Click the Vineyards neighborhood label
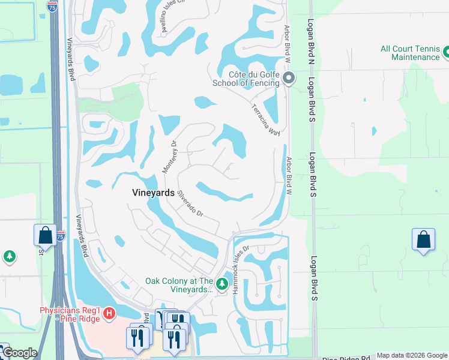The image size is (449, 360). point(153,193)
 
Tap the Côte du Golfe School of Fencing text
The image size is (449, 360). point(246,79)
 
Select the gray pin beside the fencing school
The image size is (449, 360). point(289,78)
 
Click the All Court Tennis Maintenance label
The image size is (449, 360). point(411,53)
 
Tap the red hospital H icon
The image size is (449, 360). point(109,313)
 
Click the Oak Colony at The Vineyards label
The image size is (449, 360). point(179,284)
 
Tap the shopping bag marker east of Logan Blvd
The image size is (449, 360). point(423,239)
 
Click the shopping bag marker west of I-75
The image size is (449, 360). point(45,235)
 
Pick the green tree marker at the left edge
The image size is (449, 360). point(9,257)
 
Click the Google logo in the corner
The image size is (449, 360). point(19,353)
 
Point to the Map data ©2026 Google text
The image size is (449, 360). point(412,355)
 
